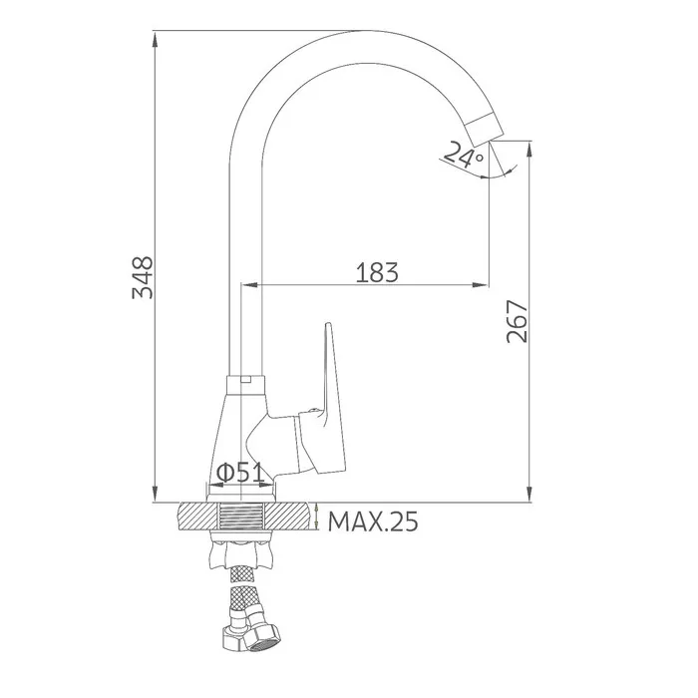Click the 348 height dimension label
click(143, 277)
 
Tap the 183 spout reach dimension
click(377, 272)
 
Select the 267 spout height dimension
click(518, 321)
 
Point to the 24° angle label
click(463, 155)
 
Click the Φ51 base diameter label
click(239, 473)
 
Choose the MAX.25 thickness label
click(373, 522)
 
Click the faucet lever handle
click(330, 401)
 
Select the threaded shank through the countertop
click(240, 516)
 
